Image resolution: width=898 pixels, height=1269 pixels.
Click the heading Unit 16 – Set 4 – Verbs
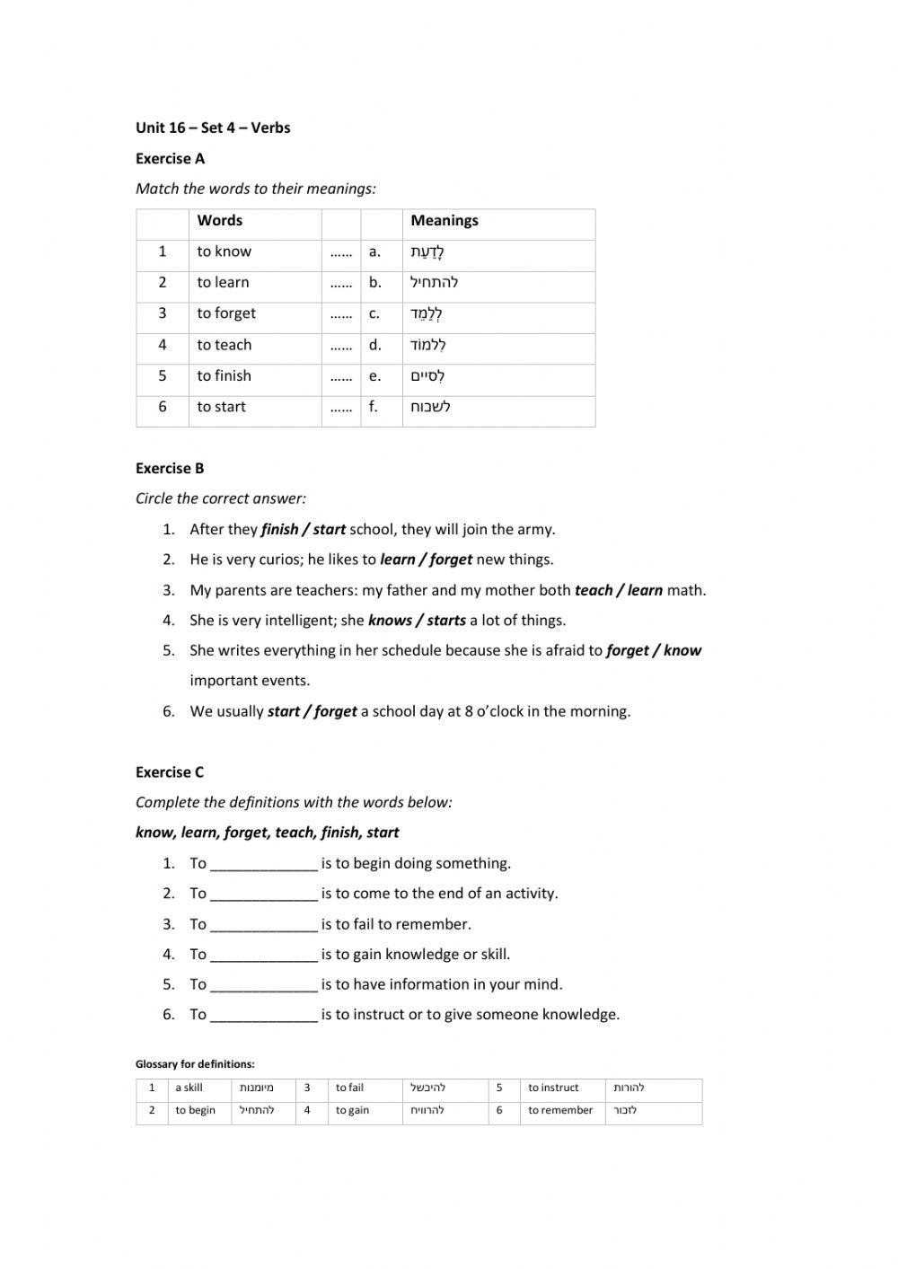(x=213, y=128)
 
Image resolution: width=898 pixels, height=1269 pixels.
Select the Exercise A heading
(x=170, y=159)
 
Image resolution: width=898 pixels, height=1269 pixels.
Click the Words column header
(x=220, y=221)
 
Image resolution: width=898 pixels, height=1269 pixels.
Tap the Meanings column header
(x=445, y=221)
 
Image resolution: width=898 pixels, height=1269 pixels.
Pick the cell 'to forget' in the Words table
(x=226, y=313)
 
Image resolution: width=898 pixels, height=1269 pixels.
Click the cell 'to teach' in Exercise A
(x=224, y=345)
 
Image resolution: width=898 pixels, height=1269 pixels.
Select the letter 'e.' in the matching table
(x=374, y=376)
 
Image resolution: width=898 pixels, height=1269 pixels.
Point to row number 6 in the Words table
(x=163, y=407)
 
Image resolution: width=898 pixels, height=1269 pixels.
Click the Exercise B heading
(x=170, y=468)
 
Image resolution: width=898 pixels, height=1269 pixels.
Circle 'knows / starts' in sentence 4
(x=417, y=621)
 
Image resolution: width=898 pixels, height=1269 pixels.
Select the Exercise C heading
(x=170, y=772)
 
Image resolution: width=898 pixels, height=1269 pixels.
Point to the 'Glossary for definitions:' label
(x=195, y=1064)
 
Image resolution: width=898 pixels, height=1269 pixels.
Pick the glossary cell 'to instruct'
(x=553, y=1088)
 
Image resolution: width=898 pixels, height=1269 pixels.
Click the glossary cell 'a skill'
(x=189, y=1088)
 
